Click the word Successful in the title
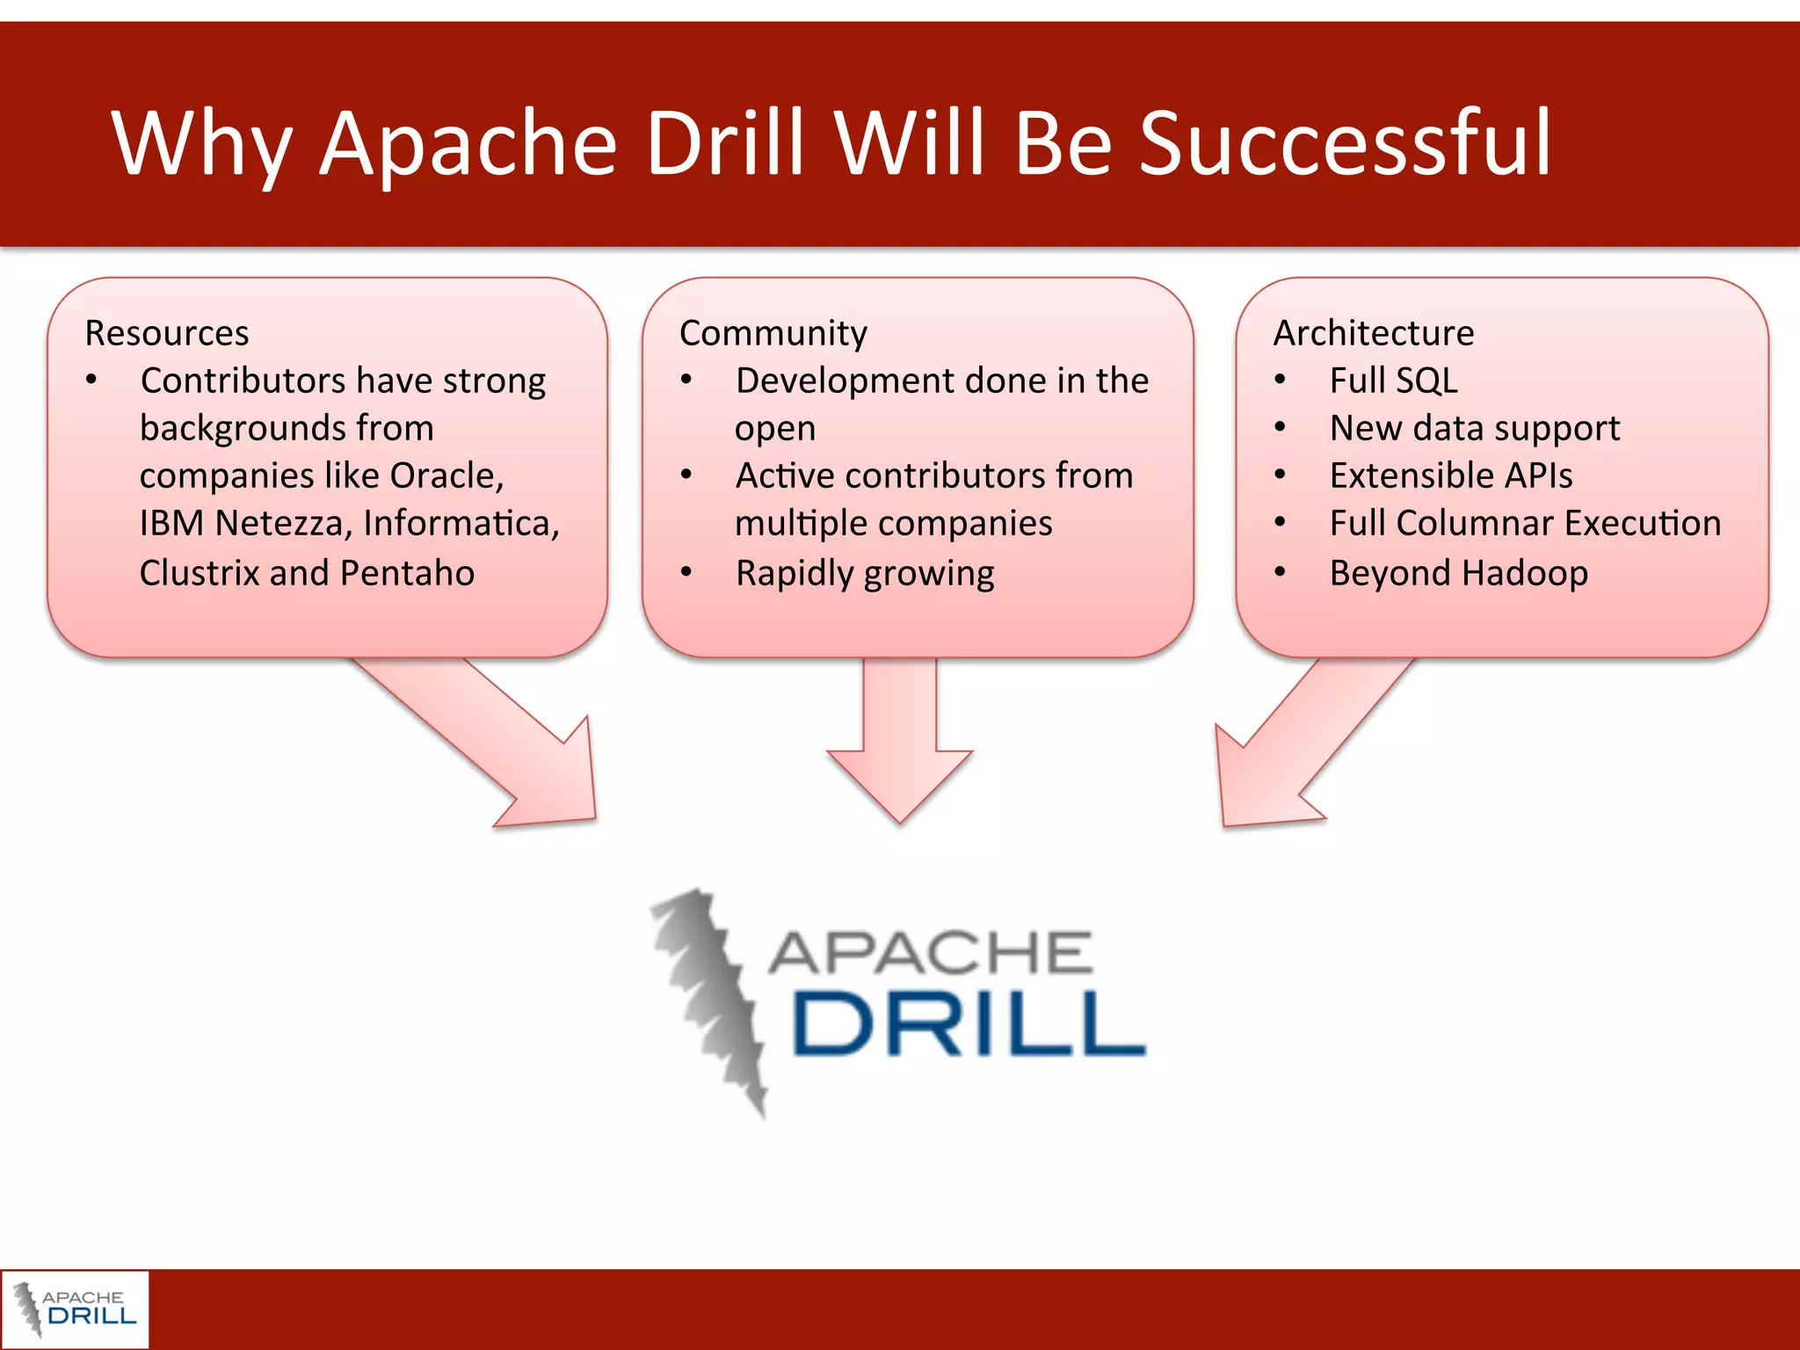pos(1345,143)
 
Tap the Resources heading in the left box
pos(167,333)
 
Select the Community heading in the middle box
pos(773,333)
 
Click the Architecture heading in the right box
pos(1373,333)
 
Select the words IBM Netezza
pos(244,524)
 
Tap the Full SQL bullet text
pos(1393,381)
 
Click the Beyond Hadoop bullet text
pos(1458,573)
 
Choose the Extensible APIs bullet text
pos(1450,475)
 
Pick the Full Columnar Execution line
pos(1524,524)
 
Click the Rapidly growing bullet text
pos(864,573)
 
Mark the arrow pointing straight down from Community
pos(900,747)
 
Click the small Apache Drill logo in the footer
pos(75,1309)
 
